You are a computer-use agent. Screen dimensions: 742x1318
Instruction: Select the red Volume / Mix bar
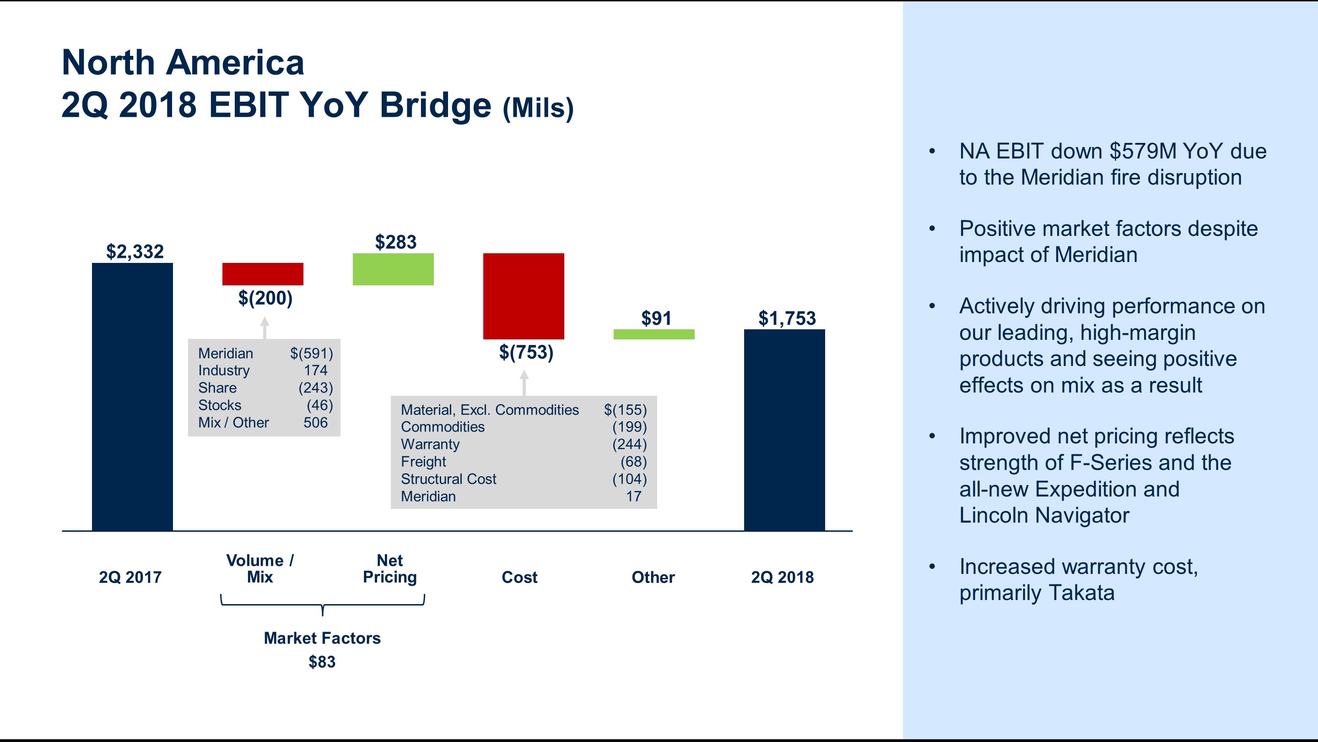click(263, 274)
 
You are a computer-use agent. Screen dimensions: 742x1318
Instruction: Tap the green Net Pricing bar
click(393, 269)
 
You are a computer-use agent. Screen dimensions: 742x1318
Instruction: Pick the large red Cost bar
click(524, 296)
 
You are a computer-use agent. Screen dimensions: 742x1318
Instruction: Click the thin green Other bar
click(654, 334)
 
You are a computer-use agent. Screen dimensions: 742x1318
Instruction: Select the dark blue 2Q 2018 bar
click(784, 430)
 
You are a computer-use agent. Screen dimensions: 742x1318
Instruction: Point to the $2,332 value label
click(135, 251)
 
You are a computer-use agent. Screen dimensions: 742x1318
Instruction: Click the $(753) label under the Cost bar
click(526, 352)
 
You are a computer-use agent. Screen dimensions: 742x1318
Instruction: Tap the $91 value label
click(656, 318)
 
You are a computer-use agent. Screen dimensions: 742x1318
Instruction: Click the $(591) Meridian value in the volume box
click(311, 353)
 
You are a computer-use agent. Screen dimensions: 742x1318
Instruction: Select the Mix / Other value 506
click(315, 422)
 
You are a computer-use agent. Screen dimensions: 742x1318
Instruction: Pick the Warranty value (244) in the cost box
click(629, 444)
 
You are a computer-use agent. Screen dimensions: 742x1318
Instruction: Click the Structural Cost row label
click(448, 479)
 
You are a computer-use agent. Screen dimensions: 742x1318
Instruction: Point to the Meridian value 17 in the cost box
click(633, 496)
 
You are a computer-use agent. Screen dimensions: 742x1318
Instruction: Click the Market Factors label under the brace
click(322, 638)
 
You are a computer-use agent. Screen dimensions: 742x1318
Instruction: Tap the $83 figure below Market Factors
click(322, 661)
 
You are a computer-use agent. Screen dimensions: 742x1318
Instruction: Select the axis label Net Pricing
click(389, 568)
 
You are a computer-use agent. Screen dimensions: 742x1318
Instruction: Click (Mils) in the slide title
click(538, 108)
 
